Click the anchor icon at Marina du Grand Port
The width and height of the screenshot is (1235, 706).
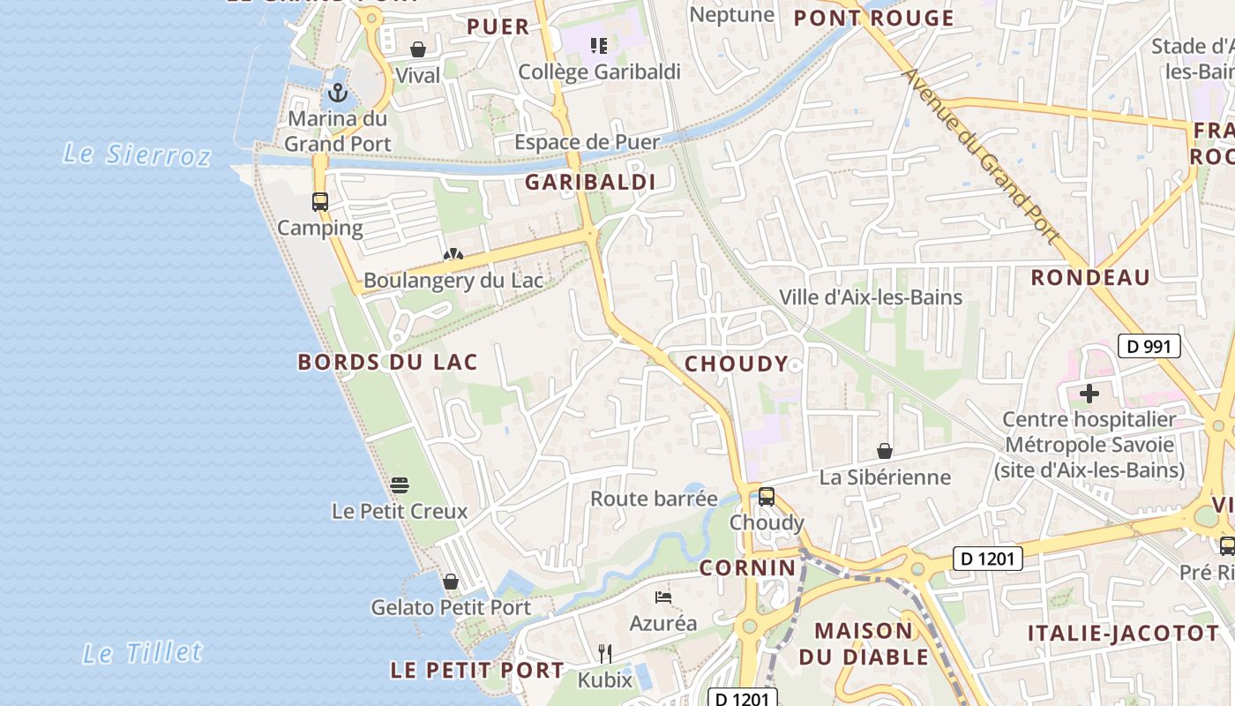[x=338, y=93]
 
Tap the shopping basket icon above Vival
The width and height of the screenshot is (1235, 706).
[x=418, y=49]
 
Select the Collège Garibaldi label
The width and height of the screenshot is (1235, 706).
[x=599, y=71]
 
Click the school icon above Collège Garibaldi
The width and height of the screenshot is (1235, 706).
[x=599, y=45]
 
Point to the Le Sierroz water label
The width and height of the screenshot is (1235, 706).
[x=137, y=154]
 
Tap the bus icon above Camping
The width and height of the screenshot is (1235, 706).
[x=320, y=202]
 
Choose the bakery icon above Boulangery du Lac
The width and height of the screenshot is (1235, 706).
[x=453, y=255]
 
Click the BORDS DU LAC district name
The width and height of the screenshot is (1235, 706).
[x=387, y=362]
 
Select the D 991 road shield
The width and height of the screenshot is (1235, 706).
[x=1149, y=346]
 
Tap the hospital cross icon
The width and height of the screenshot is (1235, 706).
[x=1089, y=394]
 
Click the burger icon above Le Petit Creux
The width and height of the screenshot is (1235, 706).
[x=400, y=484]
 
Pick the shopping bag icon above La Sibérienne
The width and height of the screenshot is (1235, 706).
[x=885, y=452]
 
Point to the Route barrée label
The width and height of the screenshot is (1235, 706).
[x=654, y=499]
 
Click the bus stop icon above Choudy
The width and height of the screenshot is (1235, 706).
[x=767, y=497]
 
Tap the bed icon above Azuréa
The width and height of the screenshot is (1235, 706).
[x=663, y=597]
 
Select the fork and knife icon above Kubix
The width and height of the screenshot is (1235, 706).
[x=605, y=654]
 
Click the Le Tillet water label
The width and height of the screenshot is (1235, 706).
[x=142, y=653]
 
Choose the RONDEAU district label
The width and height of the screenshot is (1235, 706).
[x=1090, y=277]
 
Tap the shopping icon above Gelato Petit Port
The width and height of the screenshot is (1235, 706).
[x=451, y=582]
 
